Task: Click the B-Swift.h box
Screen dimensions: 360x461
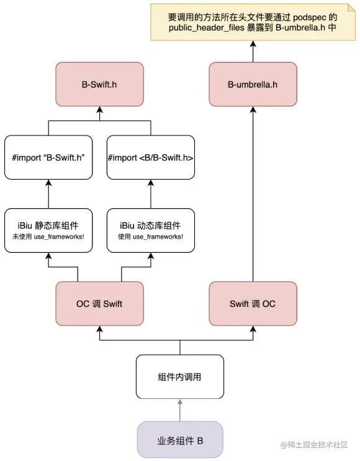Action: coord(99,84)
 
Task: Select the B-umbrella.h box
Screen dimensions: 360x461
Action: coord(253,84)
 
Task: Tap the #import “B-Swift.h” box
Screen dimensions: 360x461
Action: coord(48,157)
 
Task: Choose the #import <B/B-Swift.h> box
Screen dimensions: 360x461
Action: coord(151,157)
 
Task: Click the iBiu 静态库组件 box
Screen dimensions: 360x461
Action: coord(48,230)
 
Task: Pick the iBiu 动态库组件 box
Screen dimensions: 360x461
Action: coord(151,230)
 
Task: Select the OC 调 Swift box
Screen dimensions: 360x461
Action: coord(99,304)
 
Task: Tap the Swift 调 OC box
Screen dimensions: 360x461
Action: coord(253,304)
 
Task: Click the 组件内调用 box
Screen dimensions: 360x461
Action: coord(180,377)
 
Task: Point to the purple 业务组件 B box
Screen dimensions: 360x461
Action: coord(180,440)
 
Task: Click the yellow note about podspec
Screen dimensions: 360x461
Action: coord(253,22)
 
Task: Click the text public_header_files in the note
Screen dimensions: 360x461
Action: coord(207,27)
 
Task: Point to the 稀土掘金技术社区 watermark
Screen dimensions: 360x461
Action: coord(314,445)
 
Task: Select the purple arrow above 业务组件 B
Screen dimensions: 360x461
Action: coord(180,410)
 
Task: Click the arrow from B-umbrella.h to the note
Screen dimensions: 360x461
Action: coord(253,52)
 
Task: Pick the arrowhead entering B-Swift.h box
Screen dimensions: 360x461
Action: coord(99,110)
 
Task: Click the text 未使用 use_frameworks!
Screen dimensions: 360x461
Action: coord(48,237)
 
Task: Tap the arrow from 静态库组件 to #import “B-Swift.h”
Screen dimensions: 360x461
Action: coord(48,194)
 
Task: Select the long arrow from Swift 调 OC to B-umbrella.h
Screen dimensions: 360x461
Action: coord(253,194)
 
